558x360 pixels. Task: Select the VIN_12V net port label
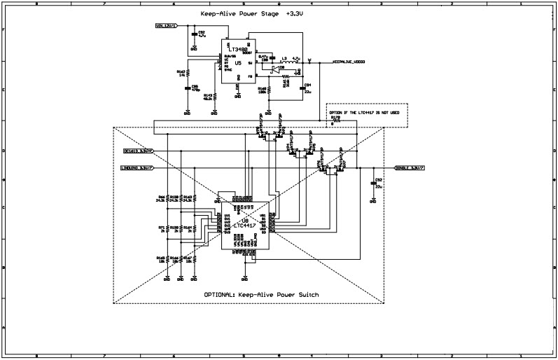(166, 26)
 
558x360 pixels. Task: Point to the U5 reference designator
(238, 63)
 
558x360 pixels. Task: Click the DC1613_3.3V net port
(139, 151)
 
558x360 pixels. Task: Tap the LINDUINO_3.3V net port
(138, 168)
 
